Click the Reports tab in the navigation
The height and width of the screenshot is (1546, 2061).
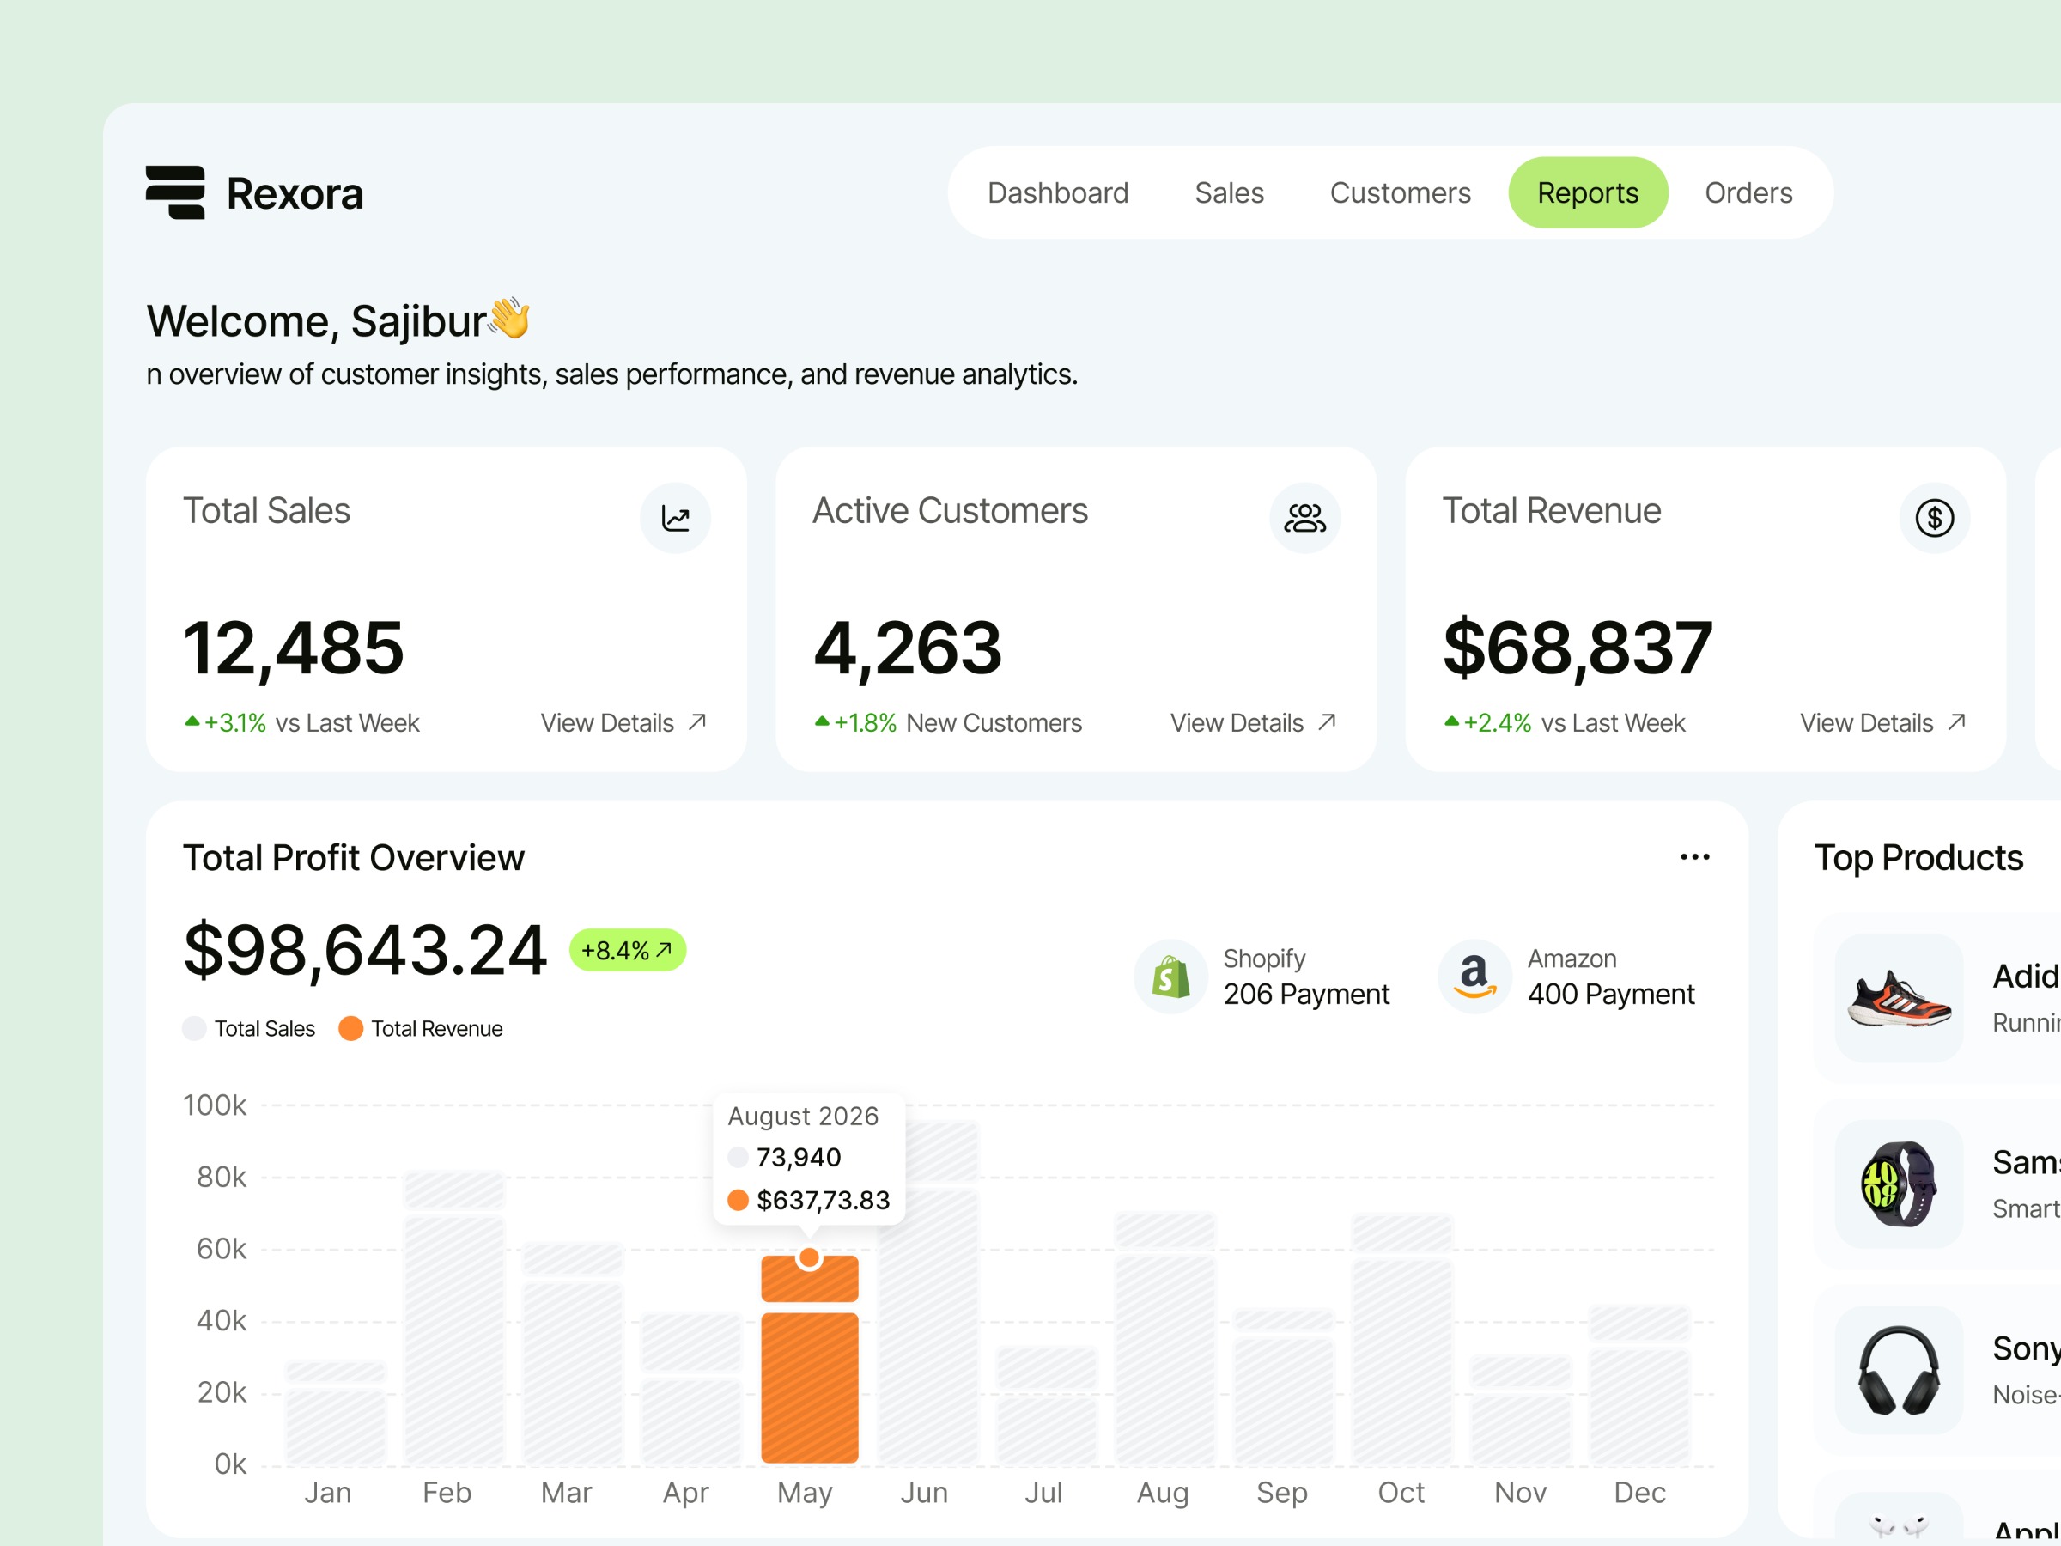click(1588, 193)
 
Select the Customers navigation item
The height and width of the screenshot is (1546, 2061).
click(1400, 193)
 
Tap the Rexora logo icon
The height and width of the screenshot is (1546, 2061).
click(175, 193)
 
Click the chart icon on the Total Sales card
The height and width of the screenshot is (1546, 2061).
click(675, 518)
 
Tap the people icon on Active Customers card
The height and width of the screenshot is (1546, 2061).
click(1304, 518)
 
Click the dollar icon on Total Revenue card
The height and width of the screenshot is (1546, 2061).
click(1934, 518)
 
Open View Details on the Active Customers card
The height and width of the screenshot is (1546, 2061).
click(1252, 723)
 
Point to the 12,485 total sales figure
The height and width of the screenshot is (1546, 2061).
click(294, 648)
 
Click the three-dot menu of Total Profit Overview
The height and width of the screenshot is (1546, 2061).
click(1694, 857)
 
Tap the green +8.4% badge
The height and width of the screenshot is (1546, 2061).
click(627, 951)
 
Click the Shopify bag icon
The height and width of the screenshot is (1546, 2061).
click(1170, 977)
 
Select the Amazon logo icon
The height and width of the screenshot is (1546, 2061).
click(1474, 977)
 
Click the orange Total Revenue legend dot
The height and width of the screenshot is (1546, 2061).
click(350, 1029)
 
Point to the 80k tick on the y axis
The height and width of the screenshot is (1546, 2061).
click(221, 1178)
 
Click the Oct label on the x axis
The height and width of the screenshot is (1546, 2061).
click(1401, 1493)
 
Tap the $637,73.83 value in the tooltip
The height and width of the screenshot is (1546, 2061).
click(823, 1200)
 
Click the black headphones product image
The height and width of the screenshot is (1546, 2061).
click(1899, 1370)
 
